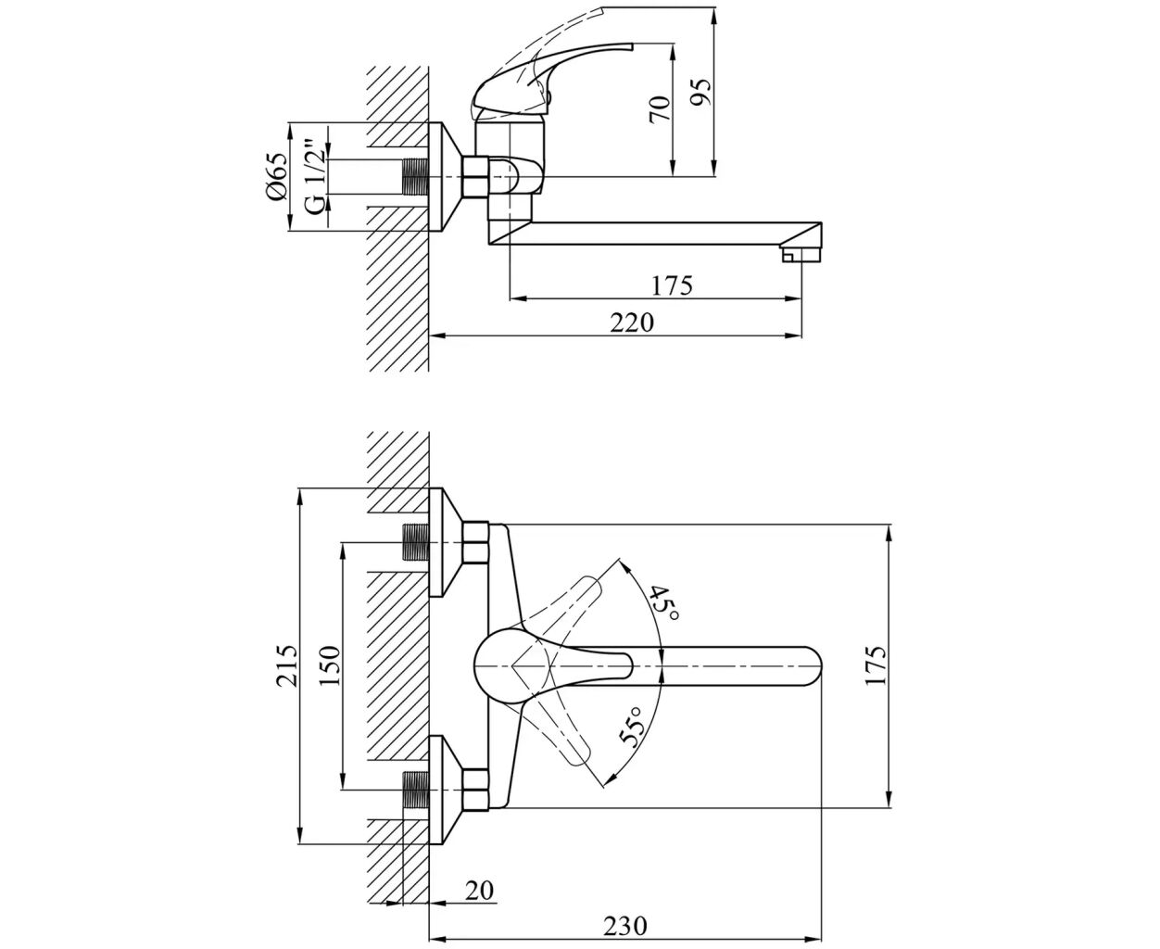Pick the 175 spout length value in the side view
673,285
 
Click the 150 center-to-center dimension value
330,665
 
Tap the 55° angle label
632,728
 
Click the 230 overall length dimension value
626,925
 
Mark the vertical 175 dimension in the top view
876,664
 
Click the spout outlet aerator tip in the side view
802,252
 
